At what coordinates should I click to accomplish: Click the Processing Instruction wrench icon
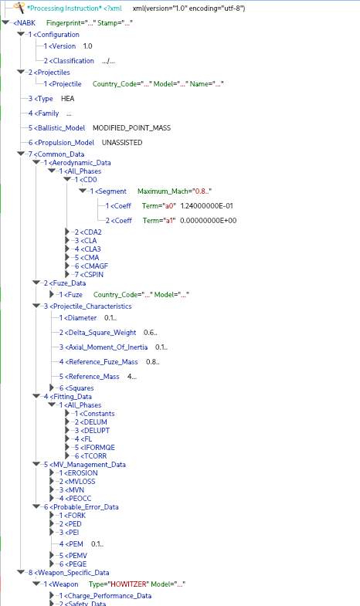[19, 8]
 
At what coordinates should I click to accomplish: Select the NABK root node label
[25, 23]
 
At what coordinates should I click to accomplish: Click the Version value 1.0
[87, 46]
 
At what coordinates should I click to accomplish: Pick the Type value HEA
[68, 99]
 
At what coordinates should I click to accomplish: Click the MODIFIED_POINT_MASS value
[131, 128]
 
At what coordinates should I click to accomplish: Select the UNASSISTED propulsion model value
[122, 143]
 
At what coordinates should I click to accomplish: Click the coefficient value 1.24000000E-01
[207, 206]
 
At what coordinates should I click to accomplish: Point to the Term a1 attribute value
[170, 221]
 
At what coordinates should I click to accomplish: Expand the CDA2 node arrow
[67, 232]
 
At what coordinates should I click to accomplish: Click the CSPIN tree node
[90, 275]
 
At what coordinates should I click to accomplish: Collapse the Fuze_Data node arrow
[37, 283]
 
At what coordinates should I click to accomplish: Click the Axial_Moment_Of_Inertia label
[104, 347]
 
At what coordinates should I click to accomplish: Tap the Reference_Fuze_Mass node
[99, 362]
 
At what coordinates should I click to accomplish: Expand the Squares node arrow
[52, 388]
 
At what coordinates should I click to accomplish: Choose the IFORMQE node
[95, 448]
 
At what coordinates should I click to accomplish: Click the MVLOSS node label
[77, 482]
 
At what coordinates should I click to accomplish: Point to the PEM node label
[72, 544]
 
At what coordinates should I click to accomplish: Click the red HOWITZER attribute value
[129, 584]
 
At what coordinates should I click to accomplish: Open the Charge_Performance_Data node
[106, 596]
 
